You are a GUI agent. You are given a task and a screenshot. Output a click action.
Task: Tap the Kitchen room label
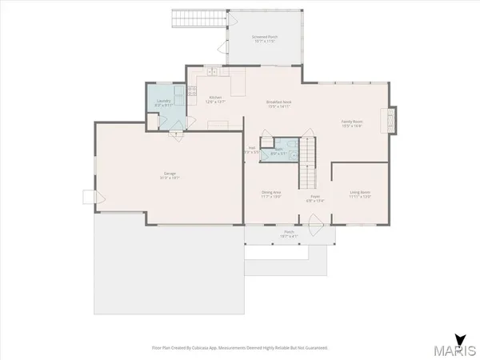(210, 98)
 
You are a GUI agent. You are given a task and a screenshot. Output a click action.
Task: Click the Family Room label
(353, 122)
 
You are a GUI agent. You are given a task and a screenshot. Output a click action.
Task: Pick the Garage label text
(170, 175)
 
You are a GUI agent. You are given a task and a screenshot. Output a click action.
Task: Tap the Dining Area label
(271, 193)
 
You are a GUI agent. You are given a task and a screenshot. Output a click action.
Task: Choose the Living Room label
(359, 193)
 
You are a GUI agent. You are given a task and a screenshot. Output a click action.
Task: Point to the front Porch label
(289, 234)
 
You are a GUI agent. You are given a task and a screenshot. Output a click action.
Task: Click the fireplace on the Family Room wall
(392, 120)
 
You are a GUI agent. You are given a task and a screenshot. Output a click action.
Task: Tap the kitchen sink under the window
(209, 73)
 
